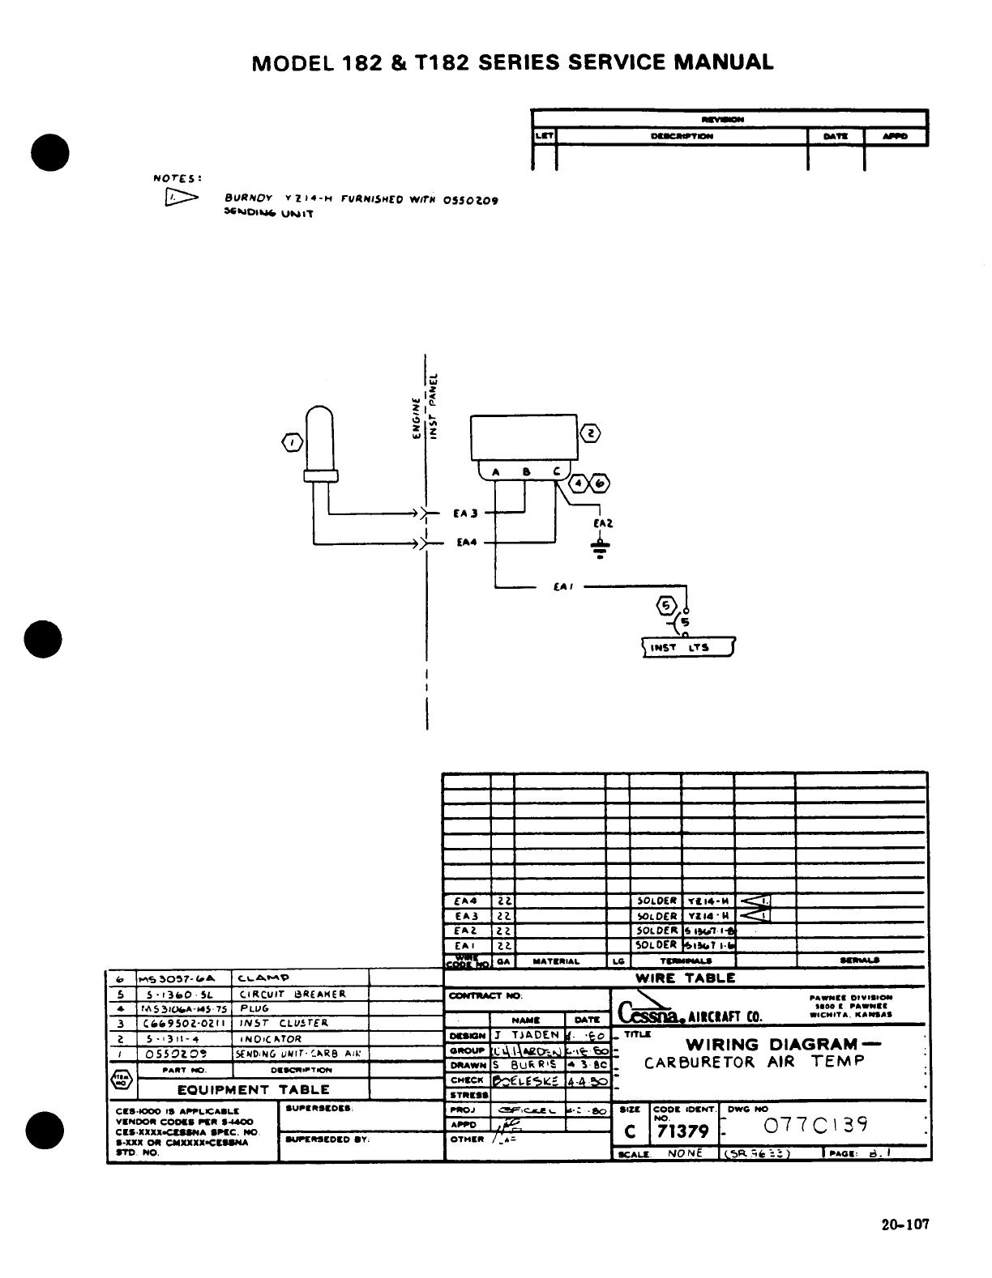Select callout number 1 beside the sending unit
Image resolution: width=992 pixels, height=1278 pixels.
pos(292,442)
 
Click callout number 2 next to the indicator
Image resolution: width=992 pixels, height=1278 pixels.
pos(592,434)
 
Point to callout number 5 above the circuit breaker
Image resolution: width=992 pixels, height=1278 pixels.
pos(666,605)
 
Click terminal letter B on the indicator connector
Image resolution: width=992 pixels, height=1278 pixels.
pos(526,471)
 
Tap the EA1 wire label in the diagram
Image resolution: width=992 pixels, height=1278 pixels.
pos(559,587)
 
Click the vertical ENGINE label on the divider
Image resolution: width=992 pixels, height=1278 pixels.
pos(417,418)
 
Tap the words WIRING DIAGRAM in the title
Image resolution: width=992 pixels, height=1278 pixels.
pos(772,1044)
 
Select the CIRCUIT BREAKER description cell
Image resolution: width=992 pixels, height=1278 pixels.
pos(292,994)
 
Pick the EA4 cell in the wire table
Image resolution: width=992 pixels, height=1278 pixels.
pos(467,901)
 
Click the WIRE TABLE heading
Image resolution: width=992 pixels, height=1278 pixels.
pos(685,978)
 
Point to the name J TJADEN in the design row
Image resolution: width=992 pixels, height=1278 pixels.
pos(526,1035)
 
